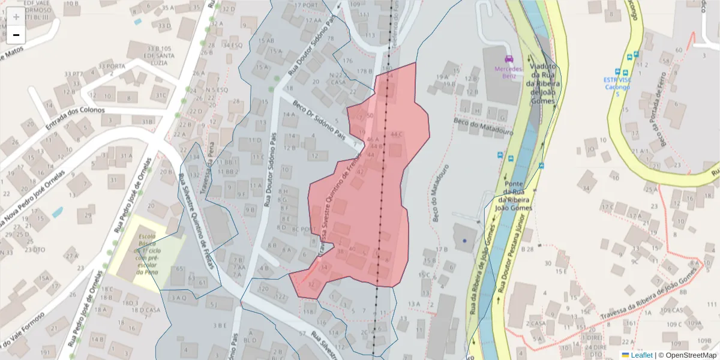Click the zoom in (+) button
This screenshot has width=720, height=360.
click(16, 17)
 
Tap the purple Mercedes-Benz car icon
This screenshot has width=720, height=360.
click(509, 59)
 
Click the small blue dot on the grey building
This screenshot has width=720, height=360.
click(464, 241)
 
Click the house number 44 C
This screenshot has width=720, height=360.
click(397, 134)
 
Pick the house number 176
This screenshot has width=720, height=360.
click(348, 61)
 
